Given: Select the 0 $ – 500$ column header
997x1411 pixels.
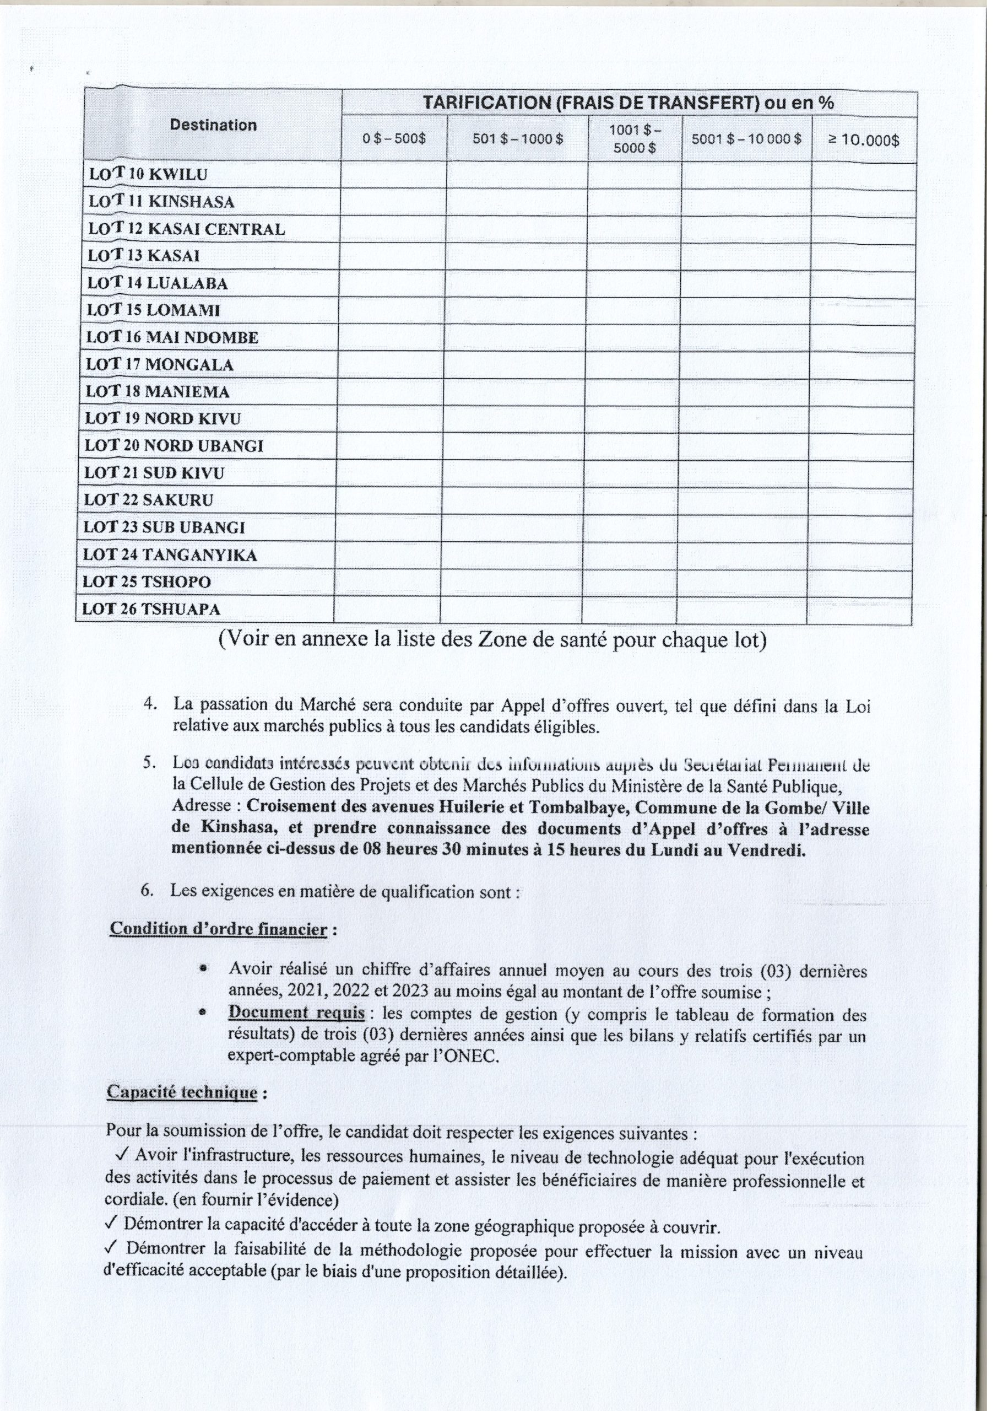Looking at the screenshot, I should pyautogui.click(x=394, y=139).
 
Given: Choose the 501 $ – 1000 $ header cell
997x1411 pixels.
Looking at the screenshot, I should pyautogui.click(x=517, y=139).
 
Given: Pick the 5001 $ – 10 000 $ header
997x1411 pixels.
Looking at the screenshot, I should pyautogui.click(x=746, y=139).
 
